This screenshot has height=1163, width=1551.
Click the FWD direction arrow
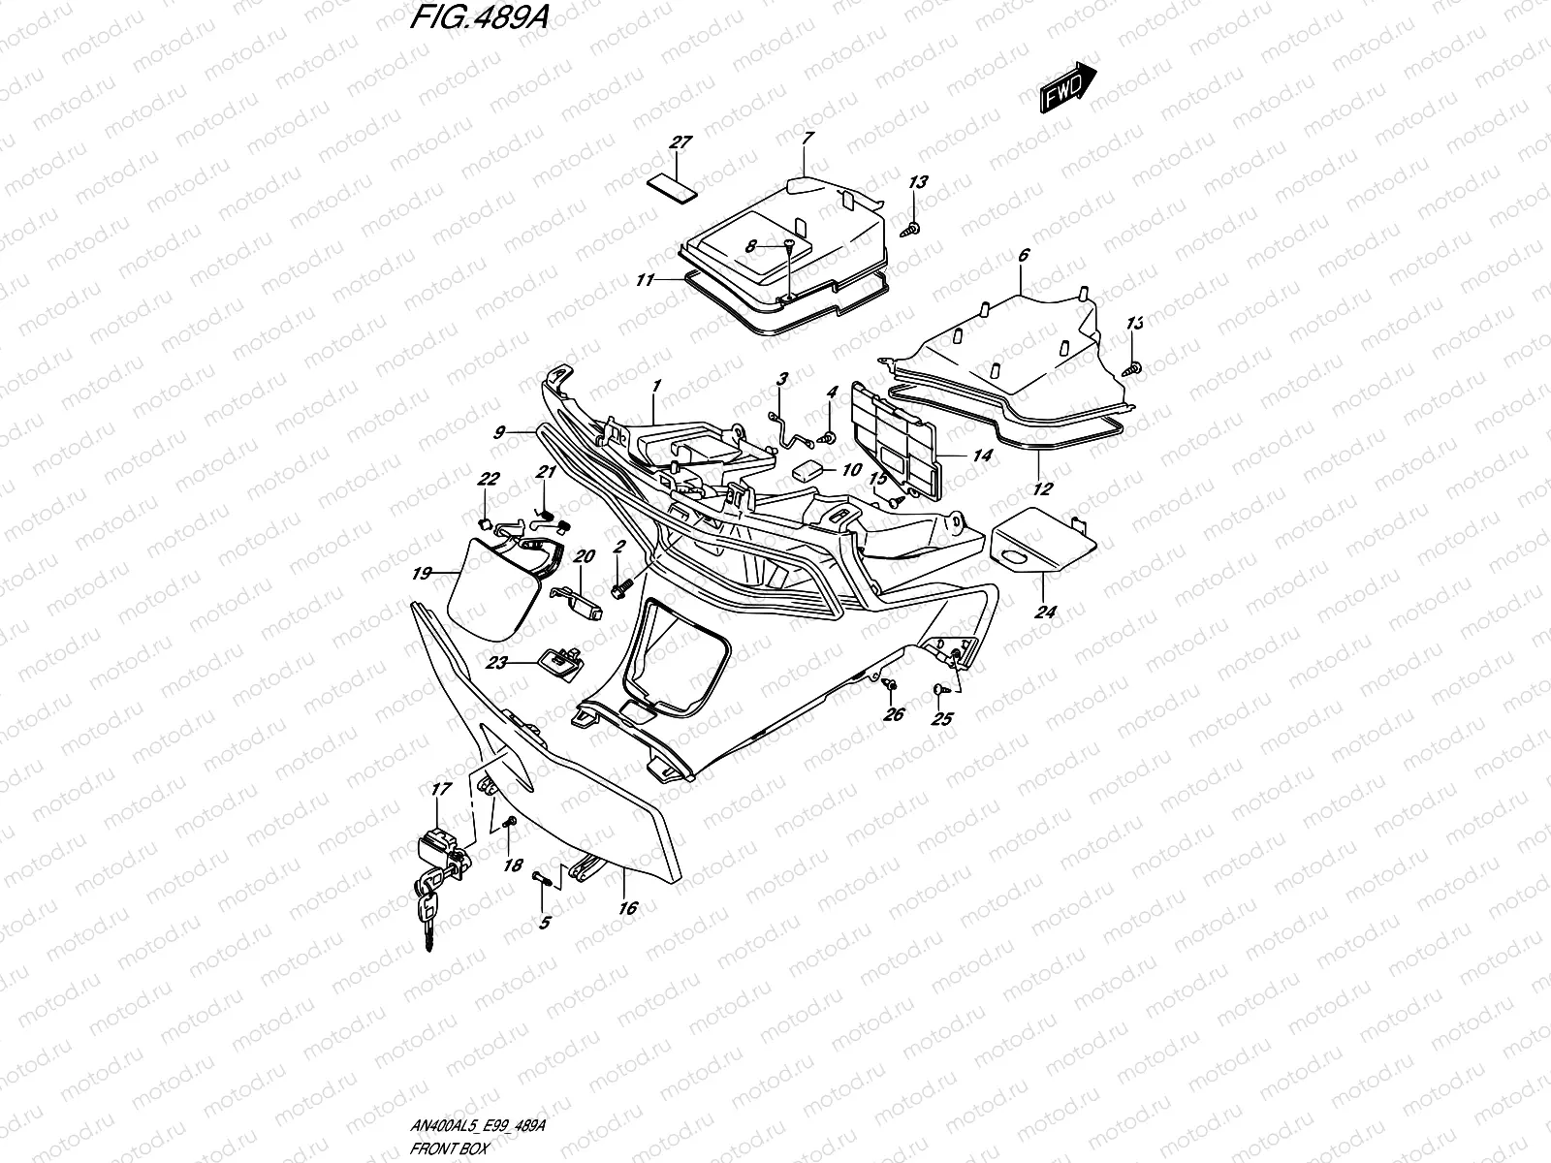pyautogui.click(x=1068, y=88)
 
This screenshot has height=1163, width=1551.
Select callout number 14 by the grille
pyautogui.click(x=982, y=454)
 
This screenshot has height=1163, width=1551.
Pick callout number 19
pyautogui.click(x=420, y=574)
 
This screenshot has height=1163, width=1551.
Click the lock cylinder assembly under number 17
pyautogui.click(x=445, y=851)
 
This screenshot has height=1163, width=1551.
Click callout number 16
pyautogui.click(x=627, y=908)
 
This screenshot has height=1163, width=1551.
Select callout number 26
pyautogui.click(x=893, y=714)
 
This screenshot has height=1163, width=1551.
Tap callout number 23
pyautogui.click(x=497, y=663)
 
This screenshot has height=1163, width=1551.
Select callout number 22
pyautogui.click(x=489, y=479)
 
